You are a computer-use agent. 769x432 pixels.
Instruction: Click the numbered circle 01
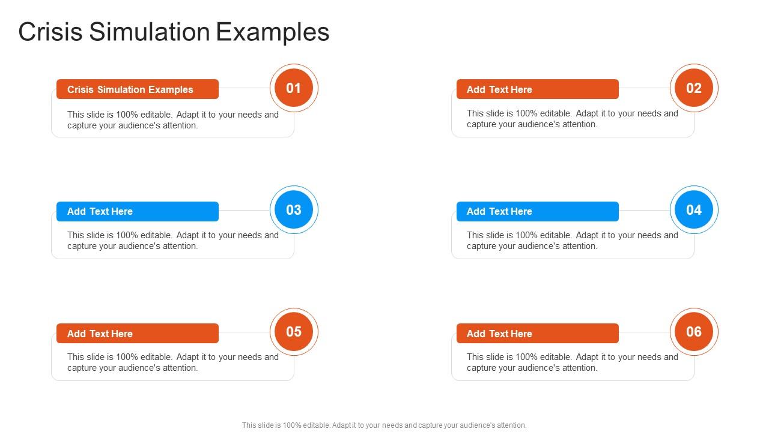294,88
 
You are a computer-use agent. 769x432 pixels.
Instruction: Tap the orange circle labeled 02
694,88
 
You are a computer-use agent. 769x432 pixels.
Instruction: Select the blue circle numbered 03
294,210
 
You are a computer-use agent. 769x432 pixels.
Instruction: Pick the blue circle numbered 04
694,210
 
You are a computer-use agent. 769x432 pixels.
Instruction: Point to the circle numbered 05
294,332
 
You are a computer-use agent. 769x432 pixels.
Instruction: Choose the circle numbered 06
694,332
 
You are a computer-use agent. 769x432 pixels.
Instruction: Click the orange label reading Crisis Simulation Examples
138,89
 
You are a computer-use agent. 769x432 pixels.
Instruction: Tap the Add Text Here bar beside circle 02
537,89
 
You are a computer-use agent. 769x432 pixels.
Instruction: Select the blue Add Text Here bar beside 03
138,211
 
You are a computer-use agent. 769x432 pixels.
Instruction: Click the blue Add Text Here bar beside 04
537,211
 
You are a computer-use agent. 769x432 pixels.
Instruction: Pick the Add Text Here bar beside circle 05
138,334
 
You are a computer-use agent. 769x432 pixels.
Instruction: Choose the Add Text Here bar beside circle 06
537,334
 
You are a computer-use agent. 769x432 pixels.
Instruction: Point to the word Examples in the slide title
273,32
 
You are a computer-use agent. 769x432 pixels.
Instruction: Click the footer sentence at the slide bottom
384,425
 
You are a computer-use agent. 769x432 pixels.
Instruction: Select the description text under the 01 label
173,120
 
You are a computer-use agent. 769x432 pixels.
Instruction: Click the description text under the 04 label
573,241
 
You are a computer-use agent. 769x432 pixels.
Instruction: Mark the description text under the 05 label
173,362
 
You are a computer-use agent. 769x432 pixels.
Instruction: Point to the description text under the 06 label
573,362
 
